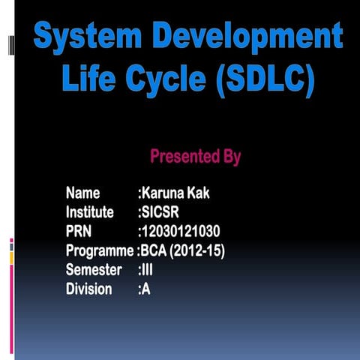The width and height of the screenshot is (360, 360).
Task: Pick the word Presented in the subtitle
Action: click(x=184, y=157)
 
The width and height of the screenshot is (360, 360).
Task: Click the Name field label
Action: click(x=85, y=193)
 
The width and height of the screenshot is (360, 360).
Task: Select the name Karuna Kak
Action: click(x=176, y=193)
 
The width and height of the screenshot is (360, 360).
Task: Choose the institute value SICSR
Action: click(x=160, y=212)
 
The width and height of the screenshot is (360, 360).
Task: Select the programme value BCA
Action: click(x=154, y=250)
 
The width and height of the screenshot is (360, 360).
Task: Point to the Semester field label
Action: click(x=94, y=269)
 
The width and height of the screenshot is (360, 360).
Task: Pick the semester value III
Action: click(x=147, y=269)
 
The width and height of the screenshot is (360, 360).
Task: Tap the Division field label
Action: click(x=89, y=289)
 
